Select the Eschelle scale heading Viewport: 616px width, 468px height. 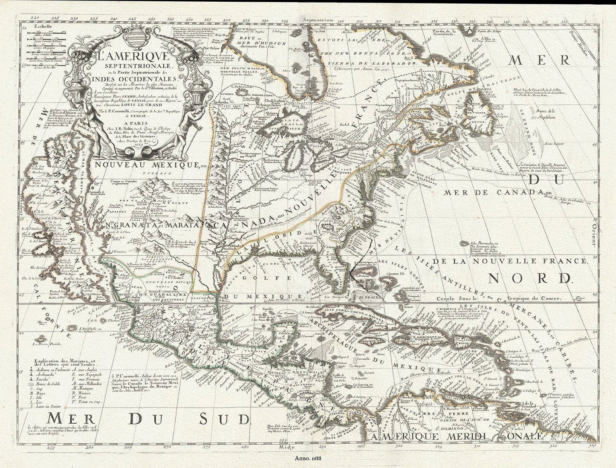point(42,26)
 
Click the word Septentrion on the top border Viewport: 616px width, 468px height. point(318,20)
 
